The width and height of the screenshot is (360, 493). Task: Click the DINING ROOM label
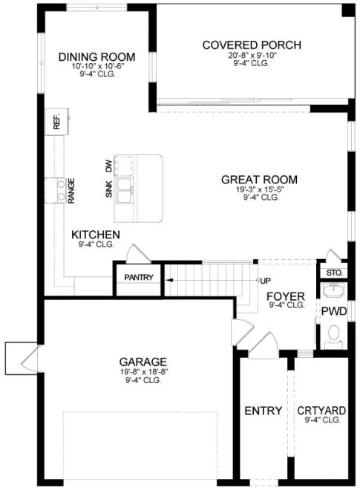[96, 56]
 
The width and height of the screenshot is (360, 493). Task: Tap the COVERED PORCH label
[252, 45]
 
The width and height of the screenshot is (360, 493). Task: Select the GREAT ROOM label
[259, 179]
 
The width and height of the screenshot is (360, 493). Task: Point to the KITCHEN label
[96, 234]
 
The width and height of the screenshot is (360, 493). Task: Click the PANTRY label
[139, 278]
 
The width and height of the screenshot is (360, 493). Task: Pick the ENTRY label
[263, 411]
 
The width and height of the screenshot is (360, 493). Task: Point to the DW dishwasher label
[108, 167]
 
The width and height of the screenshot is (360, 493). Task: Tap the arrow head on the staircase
[169, 280]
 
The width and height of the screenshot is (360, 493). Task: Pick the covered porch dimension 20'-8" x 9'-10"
[252, 55]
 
